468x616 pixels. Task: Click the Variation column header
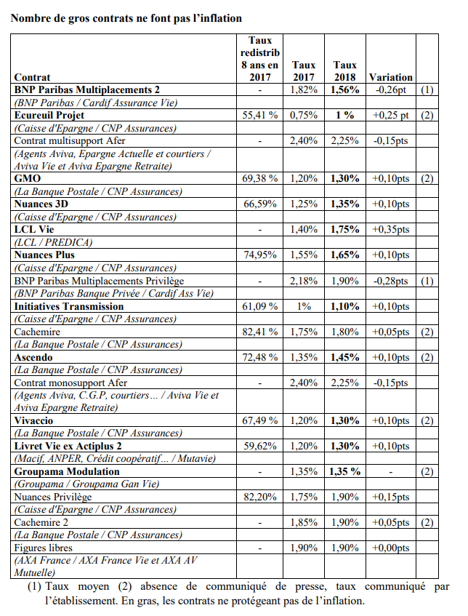tap(390, 77)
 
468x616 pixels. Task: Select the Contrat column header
tap(33, 77)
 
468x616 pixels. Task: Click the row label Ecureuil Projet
tap(49, 115)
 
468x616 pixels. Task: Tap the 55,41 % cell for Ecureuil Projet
tap(259, 115)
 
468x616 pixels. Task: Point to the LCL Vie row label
tap(36, 229)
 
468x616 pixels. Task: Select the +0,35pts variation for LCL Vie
tap(390, 229)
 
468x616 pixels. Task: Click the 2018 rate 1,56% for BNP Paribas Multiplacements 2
tap(344, 89)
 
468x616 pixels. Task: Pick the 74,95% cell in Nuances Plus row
tap(259, 255)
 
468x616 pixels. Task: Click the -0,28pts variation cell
tap(390, 281)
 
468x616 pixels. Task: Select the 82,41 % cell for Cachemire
tap(259, 332)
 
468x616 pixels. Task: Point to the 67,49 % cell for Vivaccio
tap(259, 420)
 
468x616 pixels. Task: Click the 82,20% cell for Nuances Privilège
tap(259, 497)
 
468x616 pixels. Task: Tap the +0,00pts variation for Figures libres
tap(390, 548)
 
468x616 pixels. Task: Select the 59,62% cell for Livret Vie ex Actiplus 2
tap(259, 446)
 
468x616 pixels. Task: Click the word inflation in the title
tap(217, 17)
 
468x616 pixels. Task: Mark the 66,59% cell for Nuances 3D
tap(259, 204)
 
